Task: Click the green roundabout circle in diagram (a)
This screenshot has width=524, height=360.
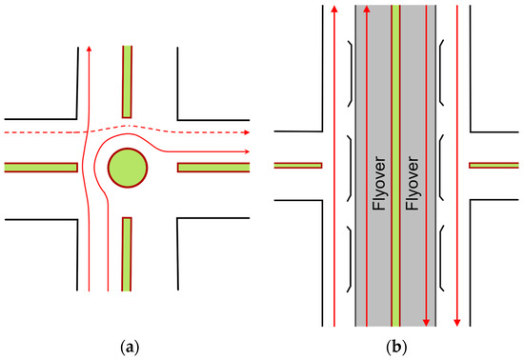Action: point(128,168)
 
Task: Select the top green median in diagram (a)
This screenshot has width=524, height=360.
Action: point(128,82)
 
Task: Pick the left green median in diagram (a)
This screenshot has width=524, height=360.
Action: point(40,168)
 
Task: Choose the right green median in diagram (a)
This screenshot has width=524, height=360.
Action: point(214,168)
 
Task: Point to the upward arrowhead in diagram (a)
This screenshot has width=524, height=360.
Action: point(89,49)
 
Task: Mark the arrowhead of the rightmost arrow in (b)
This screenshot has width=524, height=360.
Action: point(458,319)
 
